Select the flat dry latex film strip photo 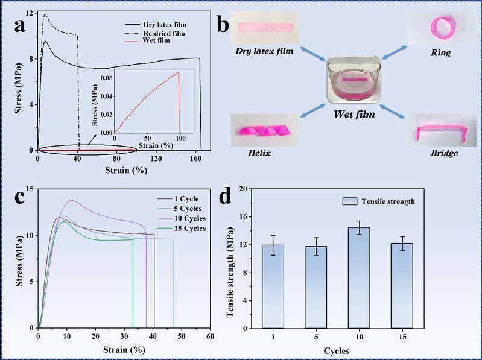point(265,27)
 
